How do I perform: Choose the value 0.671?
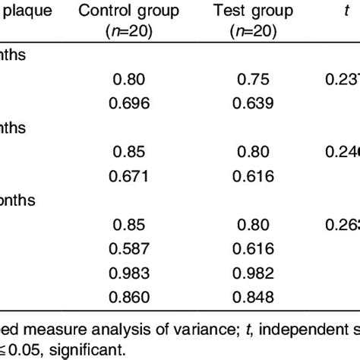[x=128, y=177]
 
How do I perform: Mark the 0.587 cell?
[x=128, y=248]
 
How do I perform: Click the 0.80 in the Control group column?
[x=128, y=78]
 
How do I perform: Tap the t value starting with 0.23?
[x=340, y=78]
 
